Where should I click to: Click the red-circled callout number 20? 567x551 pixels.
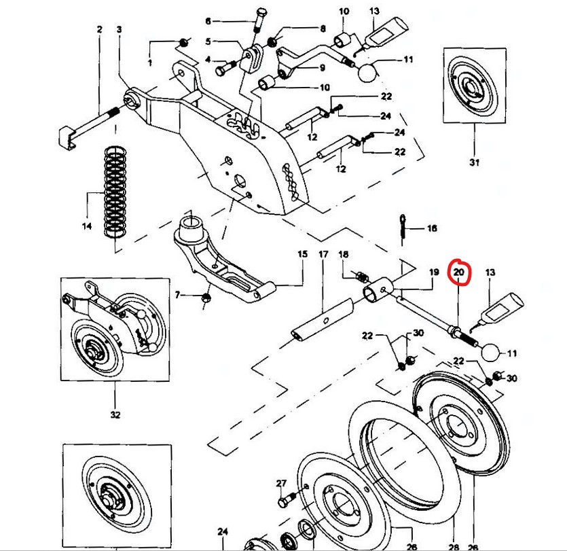459,272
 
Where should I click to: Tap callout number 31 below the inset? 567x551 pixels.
474,162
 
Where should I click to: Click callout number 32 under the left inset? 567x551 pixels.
115,414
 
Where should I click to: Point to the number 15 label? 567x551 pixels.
302,254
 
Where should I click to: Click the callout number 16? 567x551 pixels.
432,229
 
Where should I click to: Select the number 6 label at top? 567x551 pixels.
208,20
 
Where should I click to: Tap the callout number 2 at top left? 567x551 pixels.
99,29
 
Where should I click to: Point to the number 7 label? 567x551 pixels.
178,295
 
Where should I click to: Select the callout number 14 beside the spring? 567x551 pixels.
87,226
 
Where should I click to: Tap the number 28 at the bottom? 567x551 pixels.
454,546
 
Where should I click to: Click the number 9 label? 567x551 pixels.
322,67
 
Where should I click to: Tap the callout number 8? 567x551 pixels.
323,29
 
